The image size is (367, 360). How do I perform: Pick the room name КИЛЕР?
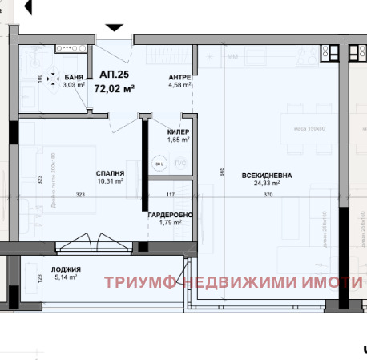point(178,132)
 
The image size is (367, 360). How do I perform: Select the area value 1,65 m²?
point(178,140)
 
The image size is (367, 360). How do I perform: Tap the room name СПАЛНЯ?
point(110,173)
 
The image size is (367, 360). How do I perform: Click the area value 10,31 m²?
point(110,181)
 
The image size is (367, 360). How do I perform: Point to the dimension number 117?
point(170,195)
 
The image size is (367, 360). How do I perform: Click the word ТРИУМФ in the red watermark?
point(139,282)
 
